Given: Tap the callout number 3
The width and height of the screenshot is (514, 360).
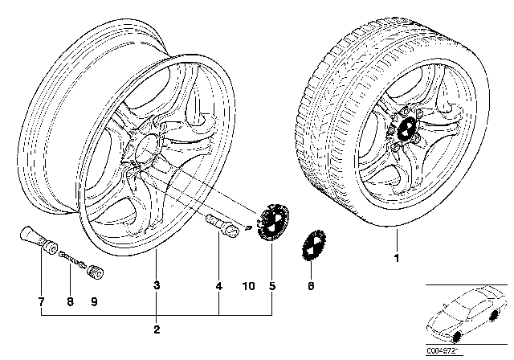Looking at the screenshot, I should tap(157, 284).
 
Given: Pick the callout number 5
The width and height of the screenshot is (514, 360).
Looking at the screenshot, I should tap(271, 284).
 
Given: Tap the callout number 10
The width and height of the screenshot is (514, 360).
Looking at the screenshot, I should tap(247, 284).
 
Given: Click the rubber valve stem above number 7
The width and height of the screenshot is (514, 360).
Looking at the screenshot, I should tap(33, 240).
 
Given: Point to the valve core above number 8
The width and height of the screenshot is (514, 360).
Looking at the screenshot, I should tap(70, 256).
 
